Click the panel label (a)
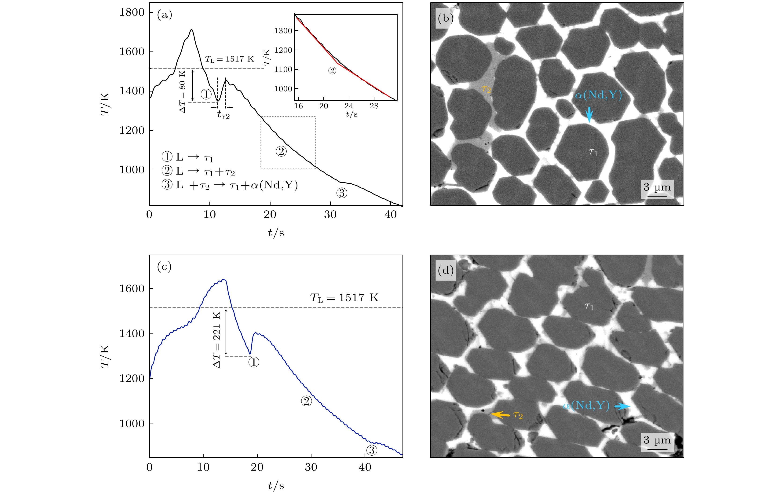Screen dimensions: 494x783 click(x=165, y=15)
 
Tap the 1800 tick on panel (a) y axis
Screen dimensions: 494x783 click(x=132, y=12)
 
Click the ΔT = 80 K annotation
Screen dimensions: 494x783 click(x=183, y=91)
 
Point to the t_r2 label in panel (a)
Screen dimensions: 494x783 click(x=223, y=114)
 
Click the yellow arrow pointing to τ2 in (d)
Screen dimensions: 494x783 click(x=500, y=415)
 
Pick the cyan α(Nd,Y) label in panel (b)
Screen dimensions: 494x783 click(x=598, y=95)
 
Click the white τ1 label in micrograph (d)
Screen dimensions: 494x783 click(x=589, y=306)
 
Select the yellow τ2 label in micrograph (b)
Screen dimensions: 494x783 click(x=486, y=89)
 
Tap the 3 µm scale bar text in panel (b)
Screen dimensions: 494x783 click(x=657, y=187)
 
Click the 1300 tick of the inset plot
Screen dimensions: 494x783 click(x=283, y=31)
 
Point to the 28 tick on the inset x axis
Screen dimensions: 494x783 click(x=374, y=106)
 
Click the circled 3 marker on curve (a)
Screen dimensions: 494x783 click(x=341, y=193)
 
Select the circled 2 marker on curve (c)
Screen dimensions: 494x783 click(x=306, y=401)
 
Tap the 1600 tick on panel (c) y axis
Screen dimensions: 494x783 click(x=132, y=289)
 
